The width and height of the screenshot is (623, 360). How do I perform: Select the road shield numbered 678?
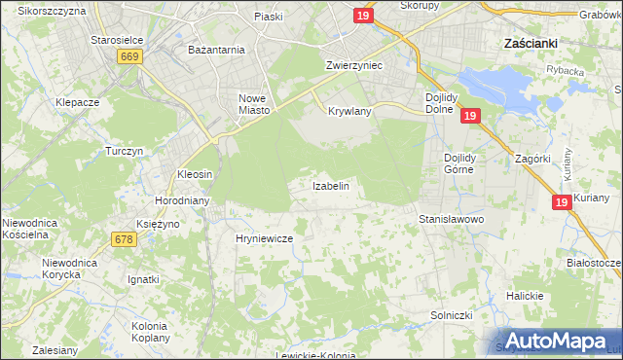point(124,238)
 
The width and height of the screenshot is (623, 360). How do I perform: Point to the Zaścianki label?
point(529,43)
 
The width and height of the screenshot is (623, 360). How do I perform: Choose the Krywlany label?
point(350,112)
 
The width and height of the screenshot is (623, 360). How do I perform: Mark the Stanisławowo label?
point(451,220)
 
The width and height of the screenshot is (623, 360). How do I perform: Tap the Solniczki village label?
point(451,316)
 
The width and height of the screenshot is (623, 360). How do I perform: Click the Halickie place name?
point(524,295)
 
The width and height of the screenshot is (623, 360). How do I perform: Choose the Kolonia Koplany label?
point(150,331)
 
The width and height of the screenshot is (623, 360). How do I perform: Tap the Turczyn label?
point(125,152)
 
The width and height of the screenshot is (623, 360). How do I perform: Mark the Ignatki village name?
point(143,279)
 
